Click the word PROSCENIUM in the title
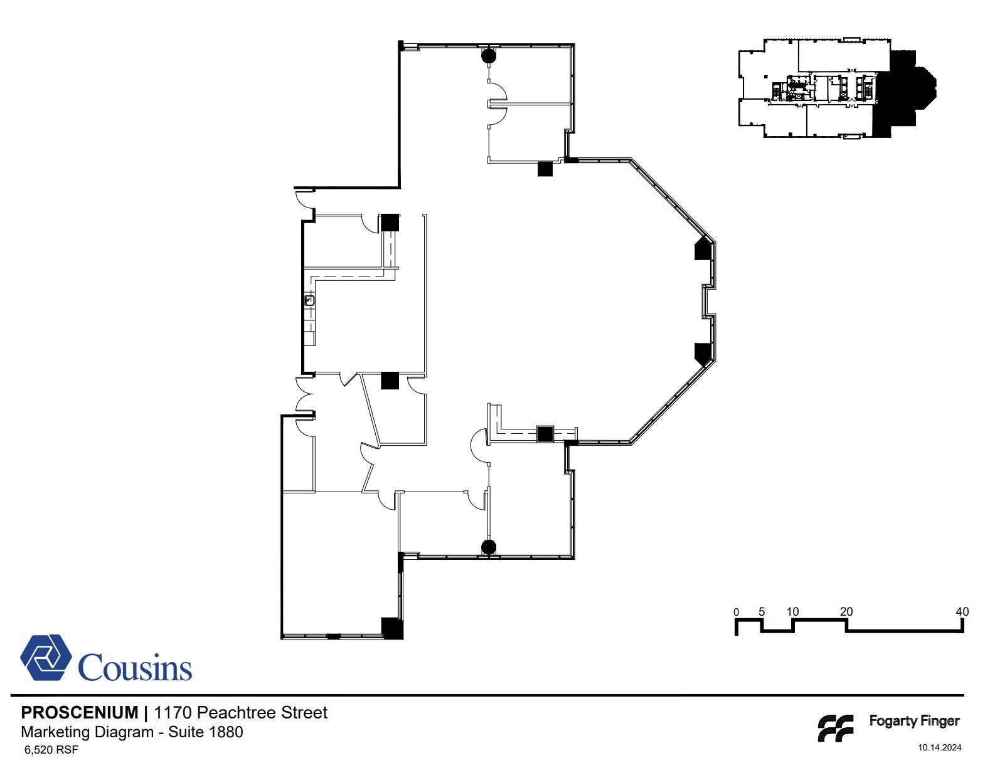pyautogui.click(x=80, y=712)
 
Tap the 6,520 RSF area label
pyautogui.click(x=51, y=749)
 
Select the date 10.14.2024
pyautogui.click(x=939, y=747)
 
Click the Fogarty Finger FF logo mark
pyautogui.click(x=836, y=728)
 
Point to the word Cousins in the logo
pyautogui.click(x=135, y=667)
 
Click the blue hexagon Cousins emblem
pyautogui.click(x=46, y=658)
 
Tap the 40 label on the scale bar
pyautogui.click(x=962, y=611)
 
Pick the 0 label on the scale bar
pyautogui.click(x=736, y=612)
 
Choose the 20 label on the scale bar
pyautogui.click(x=846, y=611)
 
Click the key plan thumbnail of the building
pyautogui.click(x=837, y=88)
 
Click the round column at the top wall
pyautogui.click(x=489, y=55)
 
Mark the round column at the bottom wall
pyautogui.click(x=489, y=547)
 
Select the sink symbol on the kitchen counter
pyautogui.click(x=309, y=301)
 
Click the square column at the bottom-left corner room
pyautogui.click(x=392, y=628)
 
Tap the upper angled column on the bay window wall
pyautogui.click(x=703, y=248)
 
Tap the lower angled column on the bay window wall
pyautogui.click(x=703, y=354)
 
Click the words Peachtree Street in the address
pyautogui.click(x=262, y=712)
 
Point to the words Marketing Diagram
pyautogui.click(x=87, y=732)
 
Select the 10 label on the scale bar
pyautogui.click(x=792, y=611)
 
